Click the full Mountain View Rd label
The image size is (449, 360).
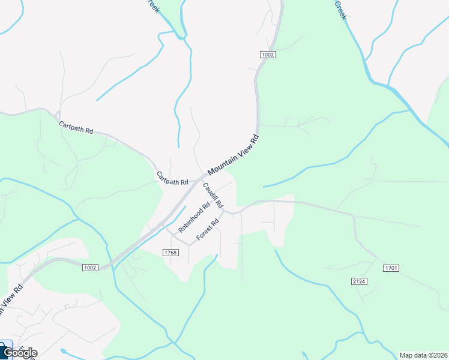[x=234, y=155]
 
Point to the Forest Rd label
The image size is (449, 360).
[x=208, y=230]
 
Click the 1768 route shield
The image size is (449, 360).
[x=170, y=253]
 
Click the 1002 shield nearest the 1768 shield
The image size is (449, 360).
[x=90, y=268]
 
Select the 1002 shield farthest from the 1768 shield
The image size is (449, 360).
[x=268, y=55]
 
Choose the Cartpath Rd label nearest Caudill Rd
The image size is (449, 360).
[x=172, y=178]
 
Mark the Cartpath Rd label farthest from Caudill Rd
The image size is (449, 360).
[x=76, y=127]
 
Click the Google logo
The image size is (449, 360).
[x=20, y=353]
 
